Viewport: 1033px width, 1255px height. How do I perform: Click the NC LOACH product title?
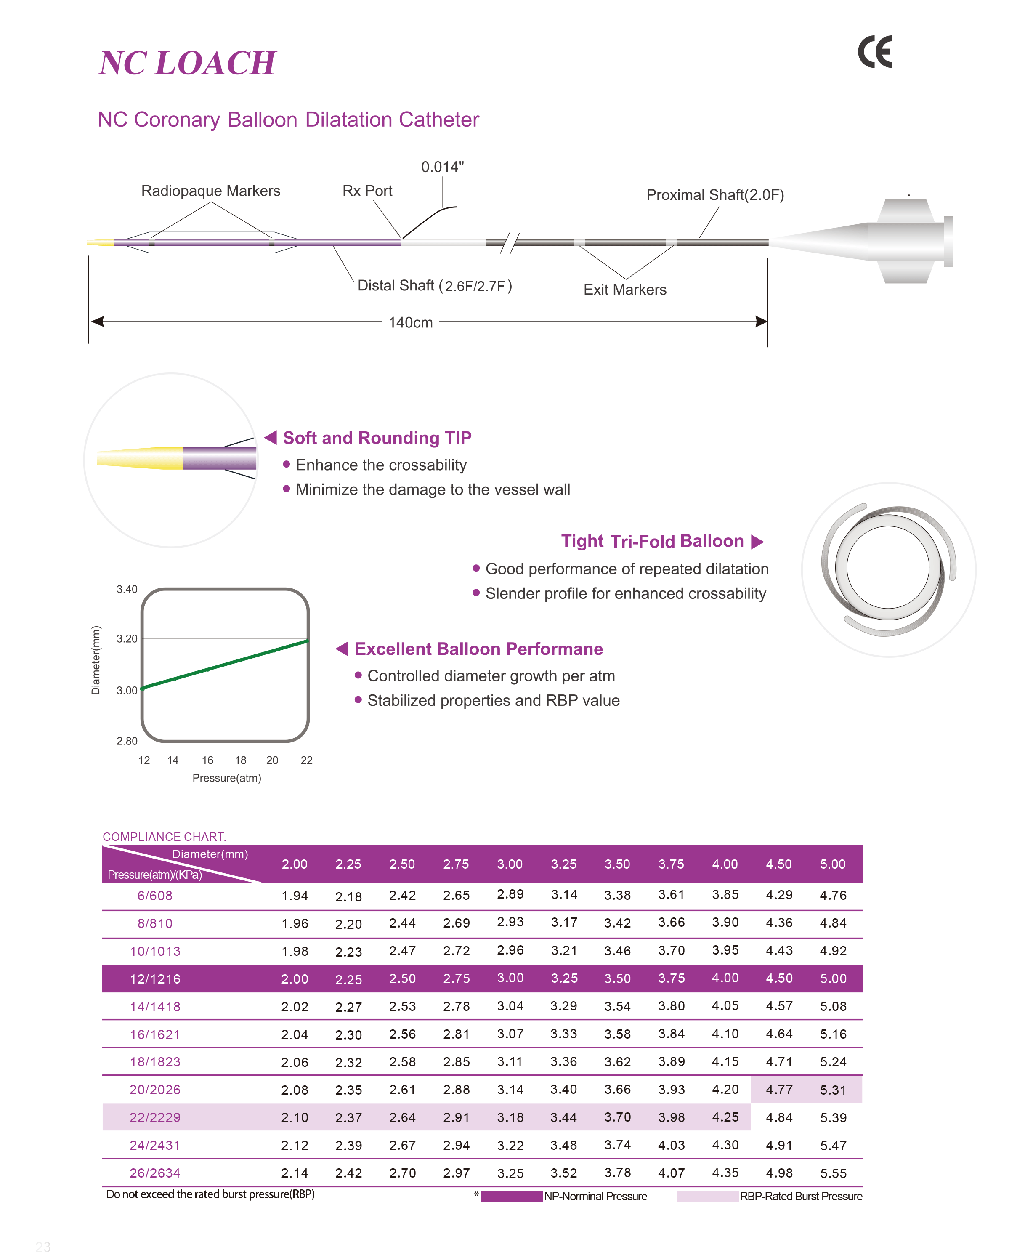click(x=187, y=63)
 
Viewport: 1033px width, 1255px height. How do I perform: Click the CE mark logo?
click(x=875, y=52)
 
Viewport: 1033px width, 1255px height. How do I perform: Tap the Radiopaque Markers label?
click(x=211, y=191)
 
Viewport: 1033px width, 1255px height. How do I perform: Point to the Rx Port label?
click(x=367, y=191)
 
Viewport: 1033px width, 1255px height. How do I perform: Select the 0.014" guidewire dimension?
click(x=442, y=167)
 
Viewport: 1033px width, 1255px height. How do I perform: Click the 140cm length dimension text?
click(x=411, y=322)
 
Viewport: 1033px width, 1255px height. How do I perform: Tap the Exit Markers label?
click(x=625, y=290)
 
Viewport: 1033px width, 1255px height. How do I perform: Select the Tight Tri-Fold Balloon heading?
click(x=652, y=541)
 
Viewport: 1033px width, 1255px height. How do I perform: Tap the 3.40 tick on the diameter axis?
click(x=127, y=589)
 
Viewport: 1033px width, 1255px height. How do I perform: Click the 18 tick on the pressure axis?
click(x=240, y=760)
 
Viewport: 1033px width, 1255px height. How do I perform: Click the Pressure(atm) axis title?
click(x=227, y=778)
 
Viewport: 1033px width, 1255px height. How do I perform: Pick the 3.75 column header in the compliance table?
click(x=671, y=864)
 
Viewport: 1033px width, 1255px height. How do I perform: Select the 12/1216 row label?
click(x=155, y=979)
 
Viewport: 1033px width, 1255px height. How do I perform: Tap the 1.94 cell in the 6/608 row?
click(x=295, y=896)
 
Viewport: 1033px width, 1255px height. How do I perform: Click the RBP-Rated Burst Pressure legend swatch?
click(x=707, y=1196)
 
